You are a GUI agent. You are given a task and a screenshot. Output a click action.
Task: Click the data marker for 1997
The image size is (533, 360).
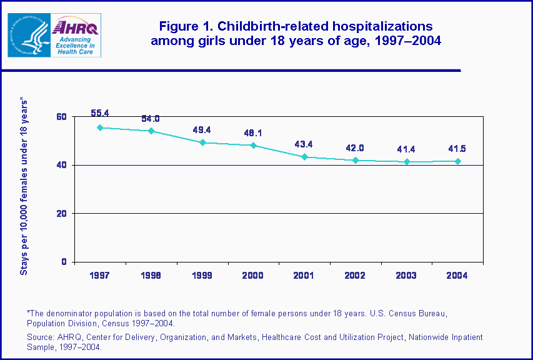pos(100,127)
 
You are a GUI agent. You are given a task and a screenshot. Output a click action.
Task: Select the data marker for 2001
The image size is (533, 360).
pos(304,157)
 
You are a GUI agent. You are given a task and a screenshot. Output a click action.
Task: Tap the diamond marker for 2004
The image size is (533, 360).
pos(458,161)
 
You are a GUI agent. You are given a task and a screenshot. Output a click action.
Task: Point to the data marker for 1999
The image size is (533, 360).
pos(202,142)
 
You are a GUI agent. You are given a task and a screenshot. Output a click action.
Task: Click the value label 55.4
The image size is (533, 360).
pos(100,113)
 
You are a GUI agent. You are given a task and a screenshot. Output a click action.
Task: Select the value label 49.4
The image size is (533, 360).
pos(202,130)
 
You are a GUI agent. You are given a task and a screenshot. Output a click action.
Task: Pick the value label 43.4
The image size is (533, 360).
pos(304,144)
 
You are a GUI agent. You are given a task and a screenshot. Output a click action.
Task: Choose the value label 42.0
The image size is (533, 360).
pos(356,148)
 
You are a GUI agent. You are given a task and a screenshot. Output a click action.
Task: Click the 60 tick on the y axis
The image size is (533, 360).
pos(61,117)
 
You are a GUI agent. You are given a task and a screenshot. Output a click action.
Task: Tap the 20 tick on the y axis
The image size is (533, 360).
pos(61,214)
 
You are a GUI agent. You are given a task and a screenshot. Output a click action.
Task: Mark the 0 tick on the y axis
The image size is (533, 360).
pos(64,262)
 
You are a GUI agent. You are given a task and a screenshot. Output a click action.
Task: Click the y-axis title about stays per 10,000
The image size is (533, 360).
pos(24,186)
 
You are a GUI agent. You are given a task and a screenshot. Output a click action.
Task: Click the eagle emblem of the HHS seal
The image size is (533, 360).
pos(29,35)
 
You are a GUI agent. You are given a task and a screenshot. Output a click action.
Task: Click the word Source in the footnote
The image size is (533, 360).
pos(40,337)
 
